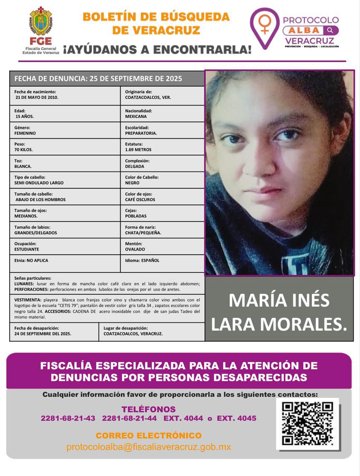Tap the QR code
point(307,424)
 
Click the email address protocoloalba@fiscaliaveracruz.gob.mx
point(149,447)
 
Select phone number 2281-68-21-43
point(68,418)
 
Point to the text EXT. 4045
point(237,418)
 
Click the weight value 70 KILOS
point(23,150)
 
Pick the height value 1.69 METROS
point(138,150)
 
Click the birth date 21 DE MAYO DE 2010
point(37,97)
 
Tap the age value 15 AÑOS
point(25,116)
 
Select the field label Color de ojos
point(138,194)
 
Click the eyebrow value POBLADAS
point(136,216)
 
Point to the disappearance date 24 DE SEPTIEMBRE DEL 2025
point(43,334)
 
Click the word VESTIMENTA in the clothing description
point(28,300)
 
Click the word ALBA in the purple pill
point(304,30)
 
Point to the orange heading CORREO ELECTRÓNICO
point(148,435)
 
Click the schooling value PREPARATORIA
point(141,133)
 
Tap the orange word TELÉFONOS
point(148,409)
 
